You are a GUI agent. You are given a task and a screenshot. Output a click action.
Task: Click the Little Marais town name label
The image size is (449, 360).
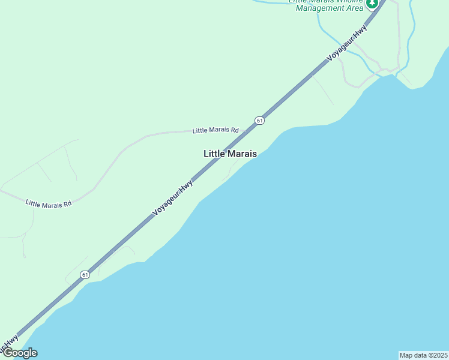click(x=230, y=154)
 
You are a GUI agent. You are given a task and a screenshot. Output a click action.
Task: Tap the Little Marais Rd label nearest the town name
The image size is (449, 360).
click(x=215, y=130)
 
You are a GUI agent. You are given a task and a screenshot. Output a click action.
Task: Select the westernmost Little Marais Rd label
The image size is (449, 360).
click(x=49, y=204)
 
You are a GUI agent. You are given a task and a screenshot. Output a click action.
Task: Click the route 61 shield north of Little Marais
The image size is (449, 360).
click(x=259, y=120)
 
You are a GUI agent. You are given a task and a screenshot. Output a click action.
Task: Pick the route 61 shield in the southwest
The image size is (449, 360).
click(x=85, y=274)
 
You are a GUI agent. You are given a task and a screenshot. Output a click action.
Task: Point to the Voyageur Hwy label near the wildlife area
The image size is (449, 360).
click(x=346, y=44)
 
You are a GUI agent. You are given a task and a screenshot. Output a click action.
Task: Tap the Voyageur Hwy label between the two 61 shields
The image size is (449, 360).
click(x=172, y=197)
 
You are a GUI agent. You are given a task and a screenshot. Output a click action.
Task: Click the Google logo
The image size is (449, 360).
click(x=20, y=353)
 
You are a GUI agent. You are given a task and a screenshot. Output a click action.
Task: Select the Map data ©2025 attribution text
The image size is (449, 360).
click(x=423, y=355)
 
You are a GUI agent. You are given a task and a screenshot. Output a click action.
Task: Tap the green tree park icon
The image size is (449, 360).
click(x=372, y=4)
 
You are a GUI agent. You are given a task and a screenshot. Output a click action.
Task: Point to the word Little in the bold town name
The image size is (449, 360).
click(x=213, y=154)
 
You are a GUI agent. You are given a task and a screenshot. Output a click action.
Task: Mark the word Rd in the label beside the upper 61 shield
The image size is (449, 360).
click(x=235, y=130)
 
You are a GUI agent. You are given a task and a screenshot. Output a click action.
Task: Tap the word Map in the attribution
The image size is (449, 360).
click(x=406, y=355)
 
